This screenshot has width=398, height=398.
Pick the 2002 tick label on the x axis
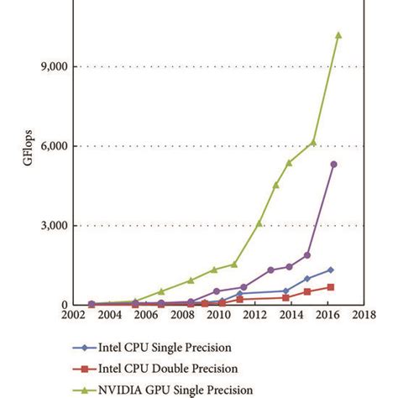[x=74, y=317]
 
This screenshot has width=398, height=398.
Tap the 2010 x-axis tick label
[x=218, y=317]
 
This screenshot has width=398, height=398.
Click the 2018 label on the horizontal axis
[x=363, y=317]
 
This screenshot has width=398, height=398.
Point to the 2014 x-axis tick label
[x=291, y=317]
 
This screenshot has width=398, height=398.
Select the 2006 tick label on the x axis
[x=146, y=317]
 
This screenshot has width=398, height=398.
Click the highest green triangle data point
[x=338, y=35]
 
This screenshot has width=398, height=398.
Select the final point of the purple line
[x=333, y=164]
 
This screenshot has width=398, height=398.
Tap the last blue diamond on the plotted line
[x=330, y=270]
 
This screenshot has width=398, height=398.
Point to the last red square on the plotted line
[x=330, y=287]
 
